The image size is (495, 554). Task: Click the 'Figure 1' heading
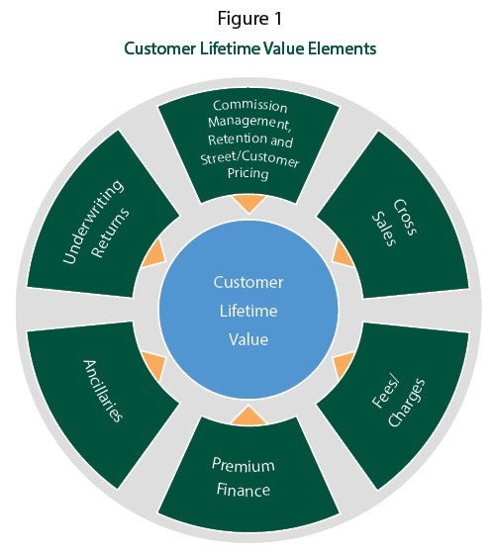pos(249,19)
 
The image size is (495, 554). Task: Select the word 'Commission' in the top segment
pos(249,106)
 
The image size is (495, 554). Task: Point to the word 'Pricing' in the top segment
pos(247,173)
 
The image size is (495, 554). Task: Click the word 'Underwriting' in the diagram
pos(93,222)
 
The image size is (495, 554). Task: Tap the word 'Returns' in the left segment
pos(111,232)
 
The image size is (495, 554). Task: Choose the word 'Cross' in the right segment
pos(405,217)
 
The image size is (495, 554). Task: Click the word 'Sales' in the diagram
pos(384,229)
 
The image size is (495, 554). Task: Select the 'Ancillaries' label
pos(103,391)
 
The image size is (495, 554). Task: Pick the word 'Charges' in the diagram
pos(406,403)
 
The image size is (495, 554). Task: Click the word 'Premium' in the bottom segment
pos(244,465)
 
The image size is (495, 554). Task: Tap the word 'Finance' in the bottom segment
pos(244,490)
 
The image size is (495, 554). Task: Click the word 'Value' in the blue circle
pos(248,339)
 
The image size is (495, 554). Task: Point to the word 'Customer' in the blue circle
pos(248,282)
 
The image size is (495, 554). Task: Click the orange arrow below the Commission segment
pos(248,203)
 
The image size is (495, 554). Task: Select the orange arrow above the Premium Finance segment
pos(248,415)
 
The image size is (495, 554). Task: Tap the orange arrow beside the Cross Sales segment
pos(342,254)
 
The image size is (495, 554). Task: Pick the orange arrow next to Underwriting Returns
pos(154,253)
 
